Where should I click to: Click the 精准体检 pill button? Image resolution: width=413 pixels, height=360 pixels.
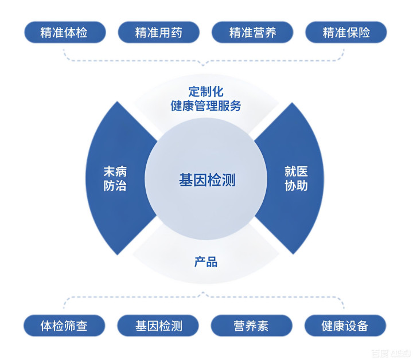65,32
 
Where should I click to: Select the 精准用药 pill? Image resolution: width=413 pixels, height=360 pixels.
159,32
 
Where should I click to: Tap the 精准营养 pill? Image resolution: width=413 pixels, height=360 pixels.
252,32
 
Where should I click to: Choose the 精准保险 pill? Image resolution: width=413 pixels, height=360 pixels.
346,32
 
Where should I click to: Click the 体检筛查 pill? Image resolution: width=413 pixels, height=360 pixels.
65,326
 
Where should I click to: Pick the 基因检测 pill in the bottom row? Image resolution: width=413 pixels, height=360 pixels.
159,326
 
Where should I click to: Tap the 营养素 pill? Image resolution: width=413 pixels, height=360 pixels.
252,326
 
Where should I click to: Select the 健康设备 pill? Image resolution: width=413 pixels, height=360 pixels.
346,326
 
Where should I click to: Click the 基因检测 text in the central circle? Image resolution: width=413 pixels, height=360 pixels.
206,179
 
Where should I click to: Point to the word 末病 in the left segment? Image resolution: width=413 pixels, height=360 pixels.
115,171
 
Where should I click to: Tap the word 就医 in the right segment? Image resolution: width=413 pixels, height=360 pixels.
296,171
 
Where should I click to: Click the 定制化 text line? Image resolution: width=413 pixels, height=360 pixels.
206,91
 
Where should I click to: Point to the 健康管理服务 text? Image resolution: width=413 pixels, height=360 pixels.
206,106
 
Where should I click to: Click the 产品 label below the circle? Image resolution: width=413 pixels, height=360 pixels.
206,262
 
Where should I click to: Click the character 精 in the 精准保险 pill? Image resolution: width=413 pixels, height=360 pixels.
329,32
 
